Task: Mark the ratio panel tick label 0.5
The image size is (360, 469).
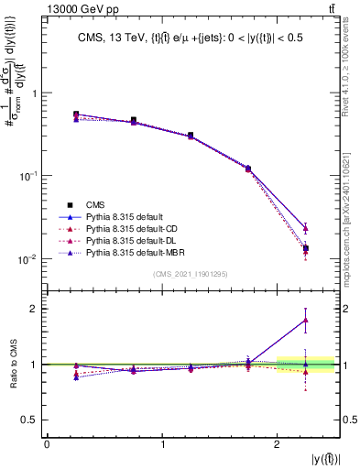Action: (x=30, y=420)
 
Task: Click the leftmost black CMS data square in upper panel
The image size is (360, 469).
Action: (x=76, y=115)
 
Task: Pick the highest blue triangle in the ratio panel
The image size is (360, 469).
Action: (x=306, y=320)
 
